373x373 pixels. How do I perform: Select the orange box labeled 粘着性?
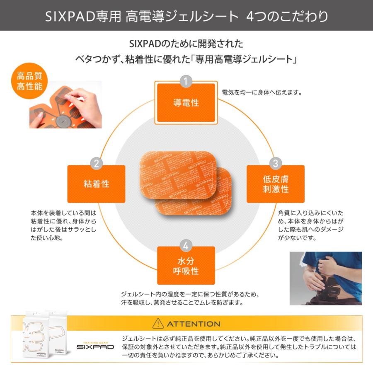click(x=96, y=184)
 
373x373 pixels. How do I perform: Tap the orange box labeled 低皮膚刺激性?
click(x=276, y=184)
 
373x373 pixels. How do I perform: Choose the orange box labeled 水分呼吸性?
click(x=186, y=266)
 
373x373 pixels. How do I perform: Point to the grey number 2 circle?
click(x=96, y=163)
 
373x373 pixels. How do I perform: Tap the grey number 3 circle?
click(x=276, y=163)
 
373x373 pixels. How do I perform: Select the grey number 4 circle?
click(x=186, y=245)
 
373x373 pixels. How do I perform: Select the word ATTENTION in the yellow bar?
click(x=194, y=324)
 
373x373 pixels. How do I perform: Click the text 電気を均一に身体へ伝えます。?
click(x=261, y=92)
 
